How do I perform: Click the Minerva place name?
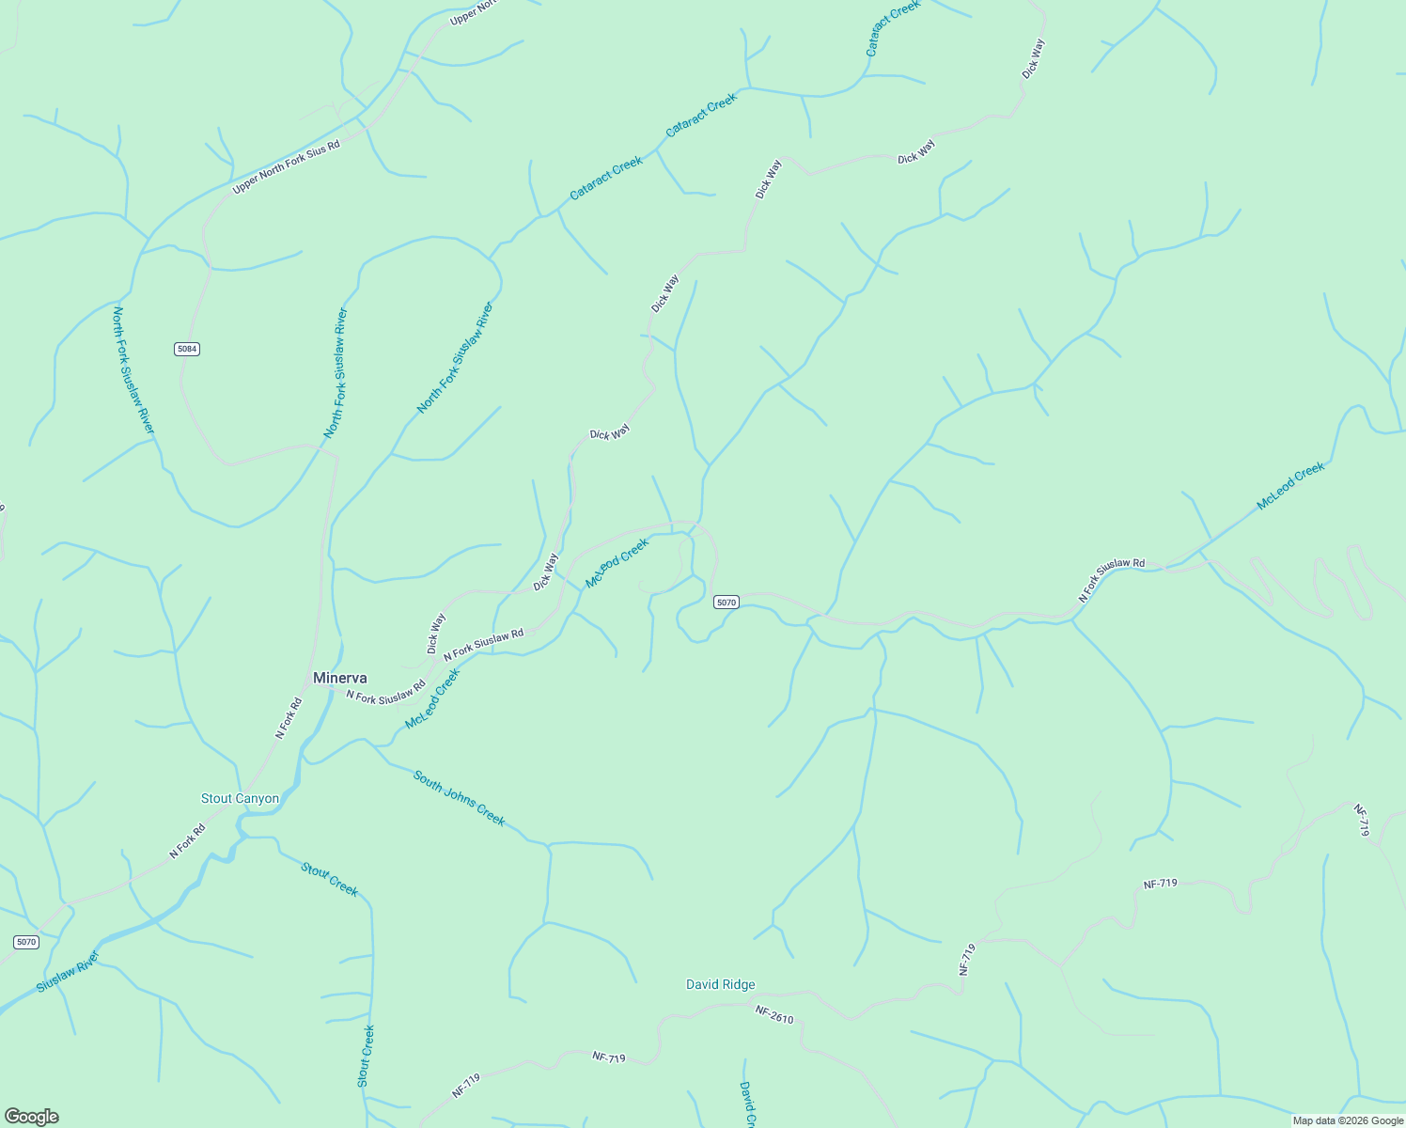point(339,678)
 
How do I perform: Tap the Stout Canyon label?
point(240,799)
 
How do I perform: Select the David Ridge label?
point(720,984)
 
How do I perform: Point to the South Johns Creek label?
point(460,799)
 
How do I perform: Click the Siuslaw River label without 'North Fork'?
point(68,972)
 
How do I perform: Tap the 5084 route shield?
point(187,349)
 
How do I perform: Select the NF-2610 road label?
point(774,1013)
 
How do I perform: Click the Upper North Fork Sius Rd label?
point(286,163)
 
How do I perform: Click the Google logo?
point(31,1117)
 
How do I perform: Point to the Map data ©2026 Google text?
point(1347,1120)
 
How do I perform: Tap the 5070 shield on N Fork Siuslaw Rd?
point(726,602)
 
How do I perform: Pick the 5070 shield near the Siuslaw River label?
point(26,942)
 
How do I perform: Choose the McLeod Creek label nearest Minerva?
point(432,698)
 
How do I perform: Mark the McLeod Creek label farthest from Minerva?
point(1290,486)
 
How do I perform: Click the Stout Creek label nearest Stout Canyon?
point(329,879)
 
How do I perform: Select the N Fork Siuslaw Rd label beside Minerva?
point(385,696)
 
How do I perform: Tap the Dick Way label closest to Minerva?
point(435,634)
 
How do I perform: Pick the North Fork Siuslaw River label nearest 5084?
point(133,369)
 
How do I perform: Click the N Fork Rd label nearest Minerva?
point(289,717)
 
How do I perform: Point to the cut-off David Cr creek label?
point(747,1104)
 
